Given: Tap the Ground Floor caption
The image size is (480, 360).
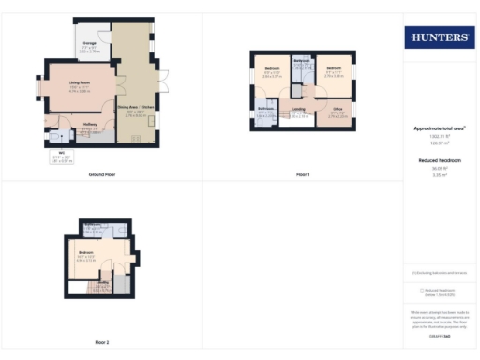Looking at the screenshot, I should tap(102, 175).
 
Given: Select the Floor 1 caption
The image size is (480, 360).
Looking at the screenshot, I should tap(302, 175).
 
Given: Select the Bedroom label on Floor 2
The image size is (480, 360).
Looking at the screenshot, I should tap(84, 253).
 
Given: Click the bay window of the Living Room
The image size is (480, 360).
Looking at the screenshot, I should tap(40, 88).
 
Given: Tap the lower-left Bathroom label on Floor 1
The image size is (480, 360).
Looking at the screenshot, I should tap(265, 109).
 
